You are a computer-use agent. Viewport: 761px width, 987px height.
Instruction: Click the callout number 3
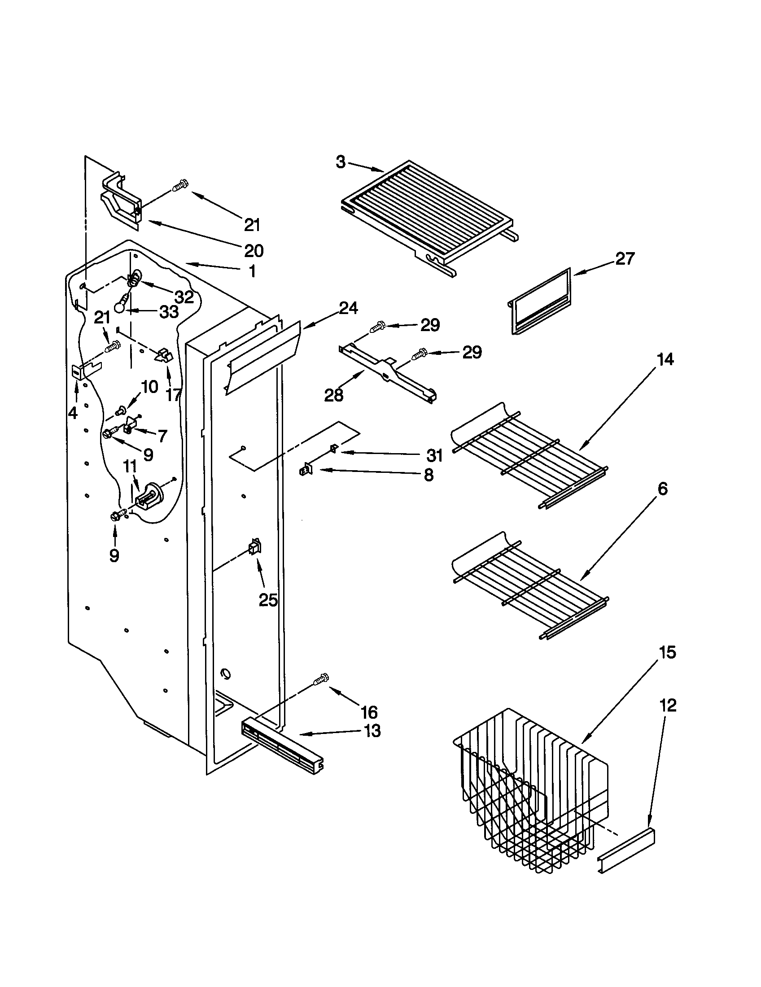coord(341,162)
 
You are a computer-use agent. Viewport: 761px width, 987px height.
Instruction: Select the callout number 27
coord(625,259)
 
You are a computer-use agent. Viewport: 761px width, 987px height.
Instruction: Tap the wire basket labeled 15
coord(529,800)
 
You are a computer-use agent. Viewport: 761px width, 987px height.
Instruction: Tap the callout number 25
coord(268,600)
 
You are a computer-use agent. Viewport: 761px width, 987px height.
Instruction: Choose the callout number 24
coord(348,308)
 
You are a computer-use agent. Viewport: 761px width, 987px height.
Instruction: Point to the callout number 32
coord(184,297)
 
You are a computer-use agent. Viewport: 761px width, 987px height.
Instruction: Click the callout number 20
coord(254,250)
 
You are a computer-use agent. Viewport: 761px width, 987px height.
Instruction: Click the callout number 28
coord(334,395)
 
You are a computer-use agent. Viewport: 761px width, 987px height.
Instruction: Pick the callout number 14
coord(665,360)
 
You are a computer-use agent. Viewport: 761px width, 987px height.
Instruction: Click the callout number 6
coord(662,489)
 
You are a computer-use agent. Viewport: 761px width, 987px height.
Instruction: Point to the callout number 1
coord(252,271)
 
